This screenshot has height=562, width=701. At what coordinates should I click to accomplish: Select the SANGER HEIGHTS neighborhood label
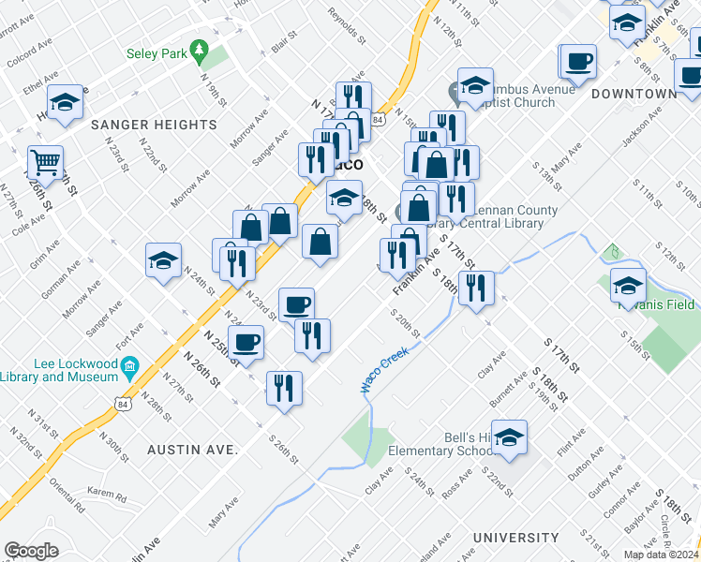154,124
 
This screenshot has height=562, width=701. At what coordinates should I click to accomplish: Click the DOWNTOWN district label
634,94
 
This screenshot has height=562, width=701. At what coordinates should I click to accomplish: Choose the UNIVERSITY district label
515,538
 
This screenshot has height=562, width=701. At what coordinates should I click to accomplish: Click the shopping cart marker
45,163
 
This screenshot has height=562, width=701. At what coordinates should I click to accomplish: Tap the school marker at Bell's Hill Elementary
509,437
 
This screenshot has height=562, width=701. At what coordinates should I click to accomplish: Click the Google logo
31,551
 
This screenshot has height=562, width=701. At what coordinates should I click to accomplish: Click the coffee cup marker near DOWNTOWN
578,62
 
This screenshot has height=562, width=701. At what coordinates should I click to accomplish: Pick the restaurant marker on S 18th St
476,289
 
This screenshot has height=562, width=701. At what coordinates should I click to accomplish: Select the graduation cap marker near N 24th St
164,261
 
